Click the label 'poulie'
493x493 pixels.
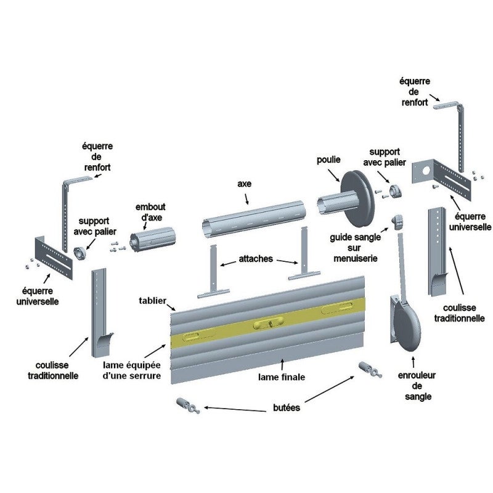pyautogui.click(x=328, y=160)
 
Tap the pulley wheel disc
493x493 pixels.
pyautogui.click(x=358, y=198)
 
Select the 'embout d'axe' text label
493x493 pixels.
pyautogui.click(x=150, y=212)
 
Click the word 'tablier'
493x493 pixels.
pyautogui.click(x=152, y=301)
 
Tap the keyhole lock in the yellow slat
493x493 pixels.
pyautogui.click(x=269, y=322)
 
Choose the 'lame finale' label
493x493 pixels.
pyautogui.click(x=282, y=377)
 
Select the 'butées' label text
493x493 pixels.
pyautogui.click(x=287, y=408)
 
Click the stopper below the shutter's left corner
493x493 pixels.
pyautogui.click(x=188, y=406)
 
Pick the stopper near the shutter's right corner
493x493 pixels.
pyautogui.click(x=370, y=370)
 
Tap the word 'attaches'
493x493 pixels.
pyautogui.click(x=256, y=259)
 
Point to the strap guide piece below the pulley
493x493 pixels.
pyautogui.click(x=397, y=222)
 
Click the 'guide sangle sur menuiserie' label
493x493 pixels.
pyautogui.click(x=356, y=248)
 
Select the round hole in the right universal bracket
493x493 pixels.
pyautogui.click(x=426, y=171)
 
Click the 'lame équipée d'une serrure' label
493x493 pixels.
pyautogui.click(x=132, y=370)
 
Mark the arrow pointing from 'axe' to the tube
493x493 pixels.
pyautogui.click(x=247, y=198)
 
